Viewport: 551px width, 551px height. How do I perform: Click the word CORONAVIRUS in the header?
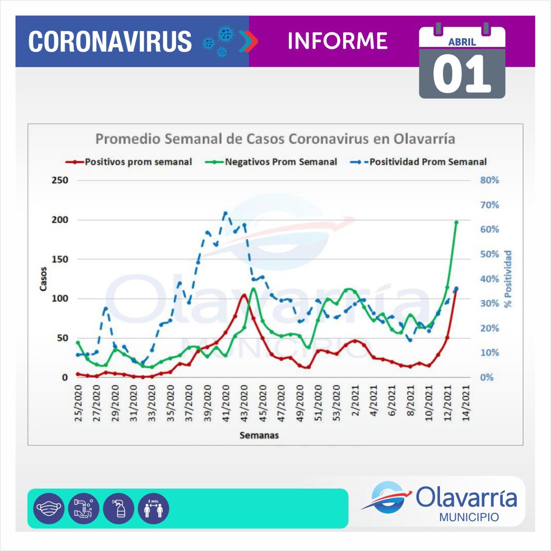pyautogui.click(x=110, y=41)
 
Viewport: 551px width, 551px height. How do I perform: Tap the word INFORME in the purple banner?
pyautogui.click(x=337, y=41)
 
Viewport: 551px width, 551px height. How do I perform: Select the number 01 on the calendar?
pyautogui.click(x=462, y=74)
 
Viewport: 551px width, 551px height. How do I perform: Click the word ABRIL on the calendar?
pyautogui.click(x=462, y=42)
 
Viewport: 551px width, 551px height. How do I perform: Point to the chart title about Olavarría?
pyautogui.click(x=275, y=139)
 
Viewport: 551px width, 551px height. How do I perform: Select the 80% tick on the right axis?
pyautogui.click(x=489, y=180)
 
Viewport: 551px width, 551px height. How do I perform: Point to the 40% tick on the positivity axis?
pyautogui.click(x=489, y=279)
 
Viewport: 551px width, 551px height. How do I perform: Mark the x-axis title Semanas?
pyautogui.click(x=259, y=435)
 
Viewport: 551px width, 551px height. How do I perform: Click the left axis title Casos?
pyautogui.click(x=43, y=279)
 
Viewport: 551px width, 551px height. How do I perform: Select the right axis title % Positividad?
pyautogui.click(x=509, y=279)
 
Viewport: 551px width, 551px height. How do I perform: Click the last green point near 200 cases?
pyautogui.click(x=456, y=222)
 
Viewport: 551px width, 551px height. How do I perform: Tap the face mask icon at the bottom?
pyautogui.click(x=49, y=508)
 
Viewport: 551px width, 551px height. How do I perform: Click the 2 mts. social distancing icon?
pyautogui.click(x=154, y=508)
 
